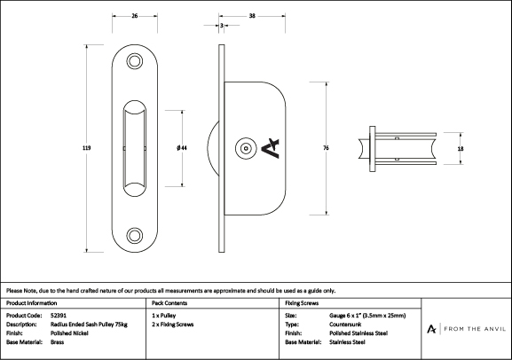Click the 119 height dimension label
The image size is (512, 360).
pyautogui.click(x=87, y=148)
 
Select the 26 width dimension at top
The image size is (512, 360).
pyautogui.click(x=135, y=16)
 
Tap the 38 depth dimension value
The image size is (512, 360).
pyautogui.click(x=252, y=16)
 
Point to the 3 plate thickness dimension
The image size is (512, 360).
pyautogui.click(x=222, y=25)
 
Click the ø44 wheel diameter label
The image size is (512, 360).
pyautogui.click(x=182, y=148)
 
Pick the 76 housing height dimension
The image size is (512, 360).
pyautogui.click(x=326, y=148)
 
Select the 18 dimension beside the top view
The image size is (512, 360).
pyautogui.click(x=461, y=149)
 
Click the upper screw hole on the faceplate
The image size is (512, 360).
pyautogui.click(x=135, y=61)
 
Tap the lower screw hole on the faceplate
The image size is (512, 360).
pyautogui.click(x=135, y=235)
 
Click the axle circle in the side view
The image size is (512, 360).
pyautogui.click(x=246, y=148)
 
